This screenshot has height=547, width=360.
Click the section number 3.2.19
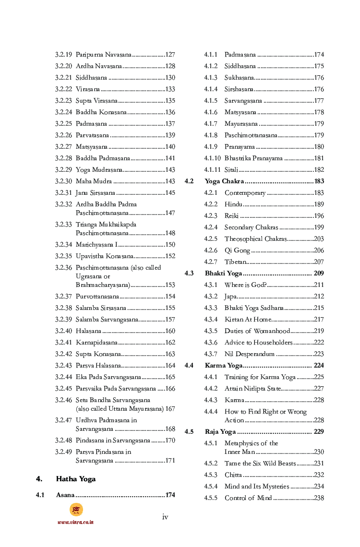click(x=63, y=55)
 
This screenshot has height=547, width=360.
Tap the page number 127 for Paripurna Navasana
click(x=170, y=55)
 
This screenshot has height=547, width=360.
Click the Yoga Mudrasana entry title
click(x=99, y=170)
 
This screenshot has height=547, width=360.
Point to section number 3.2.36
click(x=63, y=268)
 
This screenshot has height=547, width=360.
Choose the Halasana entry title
click(x=88, y=331)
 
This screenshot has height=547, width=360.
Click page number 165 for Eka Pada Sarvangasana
click(x=170, y=377)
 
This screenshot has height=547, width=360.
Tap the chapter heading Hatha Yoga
click(x=76, y=479)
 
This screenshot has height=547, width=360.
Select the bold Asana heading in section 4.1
click(x=65, y=495)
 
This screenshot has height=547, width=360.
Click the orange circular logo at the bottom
click(x=76, y=510)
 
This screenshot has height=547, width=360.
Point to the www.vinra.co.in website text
click(x=75, y=522)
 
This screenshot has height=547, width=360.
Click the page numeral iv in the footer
click(x=165, y=517)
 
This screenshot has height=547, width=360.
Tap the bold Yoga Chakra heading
click(x=224, y=181)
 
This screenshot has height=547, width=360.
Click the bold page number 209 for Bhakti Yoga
click(x=319, y=273)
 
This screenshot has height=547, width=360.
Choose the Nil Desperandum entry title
click(x=250, y=354)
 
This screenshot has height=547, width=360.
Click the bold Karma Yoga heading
click(x=224, y=366)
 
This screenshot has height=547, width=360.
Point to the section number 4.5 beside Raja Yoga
click(x=189, y=432)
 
